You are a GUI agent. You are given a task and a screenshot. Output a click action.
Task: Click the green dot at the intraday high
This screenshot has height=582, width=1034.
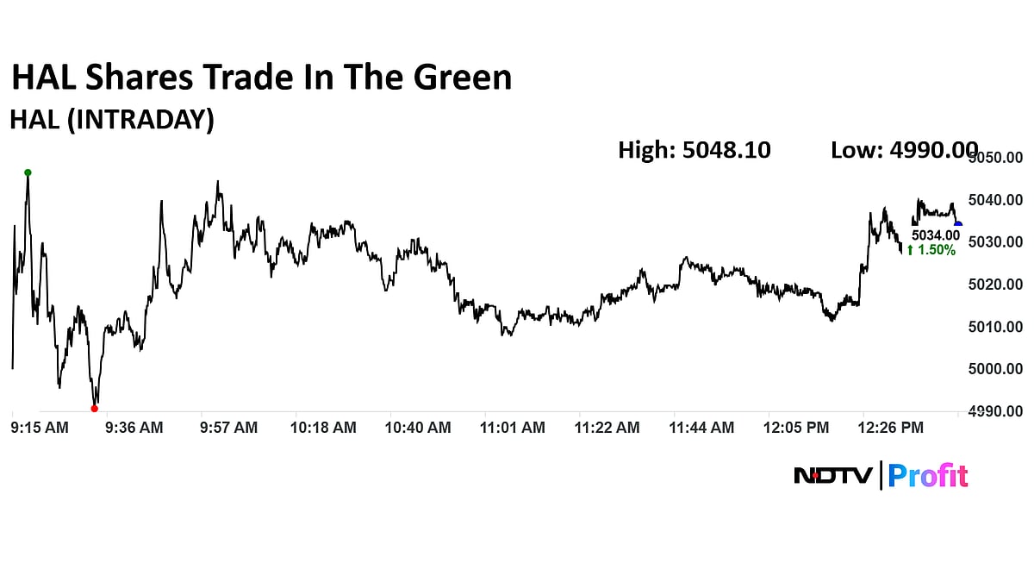tap(28, 172)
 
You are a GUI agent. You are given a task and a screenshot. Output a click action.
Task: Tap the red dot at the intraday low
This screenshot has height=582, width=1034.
tap(94, 409)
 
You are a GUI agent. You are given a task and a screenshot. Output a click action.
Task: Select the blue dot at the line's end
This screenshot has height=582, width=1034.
tap(958, 225)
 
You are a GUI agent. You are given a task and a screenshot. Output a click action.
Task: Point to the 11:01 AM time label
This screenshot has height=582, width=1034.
tap(514, 427)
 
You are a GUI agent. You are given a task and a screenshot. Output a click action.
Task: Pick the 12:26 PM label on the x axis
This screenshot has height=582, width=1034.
tap(893, 427)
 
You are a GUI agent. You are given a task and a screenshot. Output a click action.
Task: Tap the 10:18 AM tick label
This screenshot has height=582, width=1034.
tap(323, 427)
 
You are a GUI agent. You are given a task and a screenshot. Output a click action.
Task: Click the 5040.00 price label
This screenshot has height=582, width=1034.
tap(997, 200)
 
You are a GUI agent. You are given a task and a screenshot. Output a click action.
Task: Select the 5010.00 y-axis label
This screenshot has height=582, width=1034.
tap(997, 327)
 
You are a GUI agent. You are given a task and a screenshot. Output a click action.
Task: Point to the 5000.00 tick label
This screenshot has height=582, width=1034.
tap(997, 369)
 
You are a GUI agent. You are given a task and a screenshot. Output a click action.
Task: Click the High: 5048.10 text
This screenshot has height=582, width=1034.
tap(695, 150)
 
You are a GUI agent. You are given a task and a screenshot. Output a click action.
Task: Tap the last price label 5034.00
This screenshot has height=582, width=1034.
tap(936, 235)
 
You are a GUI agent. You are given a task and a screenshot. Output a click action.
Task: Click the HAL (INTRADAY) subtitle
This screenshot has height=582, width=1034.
tap(112, 120)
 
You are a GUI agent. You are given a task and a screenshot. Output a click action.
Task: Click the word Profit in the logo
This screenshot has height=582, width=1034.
tap(928, 475)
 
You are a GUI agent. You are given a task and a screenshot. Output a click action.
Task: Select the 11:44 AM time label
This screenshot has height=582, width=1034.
tap(703, 427)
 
